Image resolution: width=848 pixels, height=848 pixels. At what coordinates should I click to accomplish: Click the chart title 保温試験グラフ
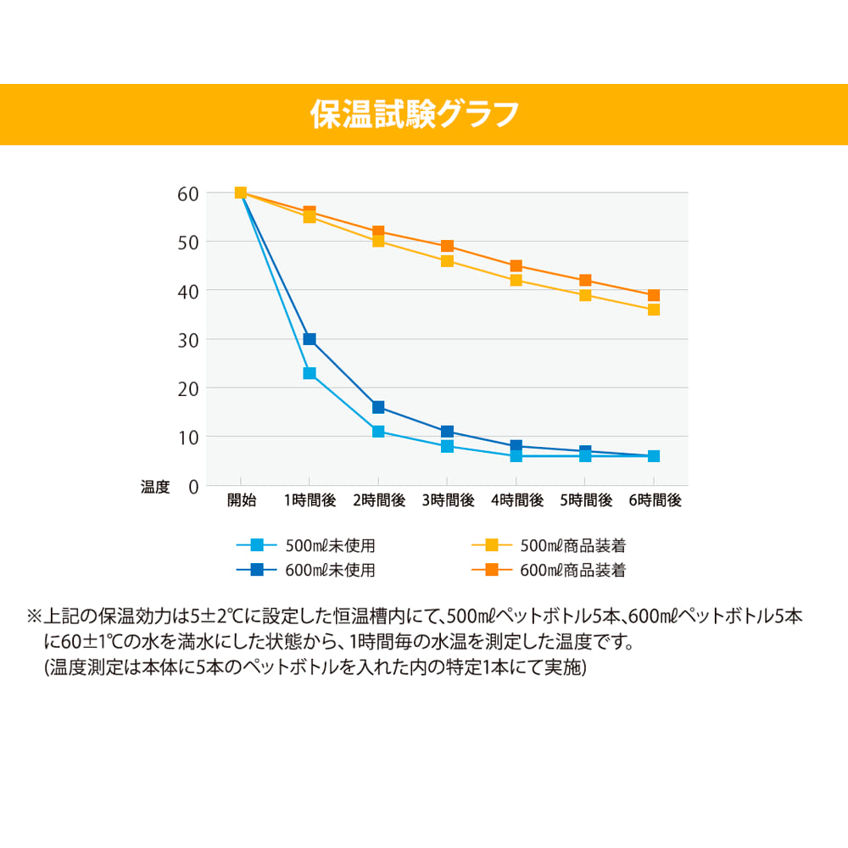[415, 114]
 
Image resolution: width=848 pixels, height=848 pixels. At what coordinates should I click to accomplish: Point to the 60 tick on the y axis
[188, 193]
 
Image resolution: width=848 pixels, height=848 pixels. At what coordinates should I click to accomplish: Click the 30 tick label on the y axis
[188, 340]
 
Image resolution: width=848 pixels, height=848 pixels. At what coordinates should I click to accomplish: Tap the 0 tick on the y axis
[193, 487]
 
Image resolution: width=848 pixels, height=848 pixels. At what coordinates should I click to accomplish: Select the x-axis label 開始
[241, 500]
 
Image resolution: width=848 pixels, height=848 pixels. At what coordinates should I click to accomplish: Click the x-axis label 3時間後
[448, 500]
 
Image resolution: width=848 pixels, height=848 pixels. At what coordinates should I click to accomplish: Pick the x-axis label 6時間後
[655, 500]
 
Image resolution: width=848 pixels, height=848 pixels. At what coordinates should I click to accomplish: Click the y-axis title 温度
[155, 487]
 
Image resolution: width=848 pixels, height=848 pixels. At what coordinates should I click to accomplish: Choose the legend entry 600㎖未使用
[331, 570]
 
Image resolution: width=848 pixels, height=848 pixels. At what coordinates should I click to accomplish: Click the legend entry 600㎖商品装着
[572, 570]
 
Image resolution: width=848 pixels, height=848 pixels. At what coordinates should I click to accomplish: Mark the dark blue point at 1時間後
[310, 339]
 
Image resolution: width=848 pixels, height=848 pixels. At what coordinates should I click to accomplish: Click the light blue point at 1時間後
[310, 373]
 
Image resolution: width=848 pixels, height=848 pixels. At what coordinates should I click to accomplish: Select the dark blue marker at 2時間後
[378, 408]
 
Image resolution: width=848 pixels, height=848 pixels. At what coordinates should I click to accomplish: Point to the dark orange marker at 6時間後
[654, 295]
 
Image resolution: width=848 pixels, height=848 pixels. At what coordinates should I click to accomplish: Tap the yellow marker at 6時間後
[654, 310]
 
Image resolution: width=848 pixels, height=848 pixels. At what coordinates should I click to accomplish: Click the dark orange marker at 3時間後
[447, 246]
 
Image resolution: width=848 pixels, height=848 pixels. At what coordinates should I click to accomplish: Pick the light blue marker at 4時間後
[516, 456]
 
